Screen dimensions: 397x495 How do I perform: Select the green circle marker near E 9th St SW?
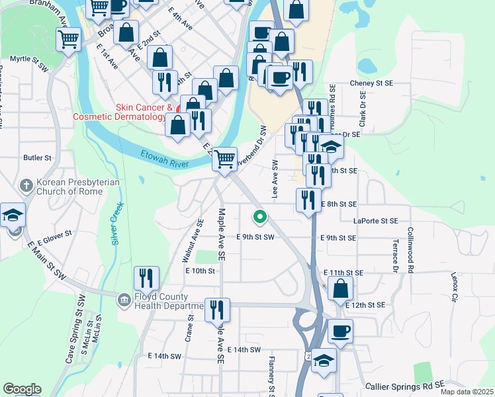(261, 216)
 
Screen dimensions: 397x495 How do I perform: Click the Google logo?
(21, 389)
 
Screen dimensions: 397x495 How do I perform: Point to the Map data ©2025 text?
(467, 392)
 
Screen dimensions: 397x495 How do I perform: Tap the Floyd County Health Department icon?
(124, 301)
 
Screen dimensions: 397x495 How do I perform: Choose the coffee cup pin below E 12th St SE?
(340, 331)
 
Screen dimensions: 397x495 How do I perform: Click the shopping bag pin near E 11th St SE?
(340, 288)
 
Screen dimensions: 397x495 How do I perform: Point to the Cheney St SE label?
(371, 83)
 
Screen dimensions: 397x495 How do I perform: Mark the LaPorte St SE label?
(375, 221)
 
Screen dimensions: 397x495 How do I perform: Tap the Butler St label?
(37, 158)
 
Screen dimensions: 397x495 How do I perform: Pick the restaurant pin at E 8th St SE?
(308, 200)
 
